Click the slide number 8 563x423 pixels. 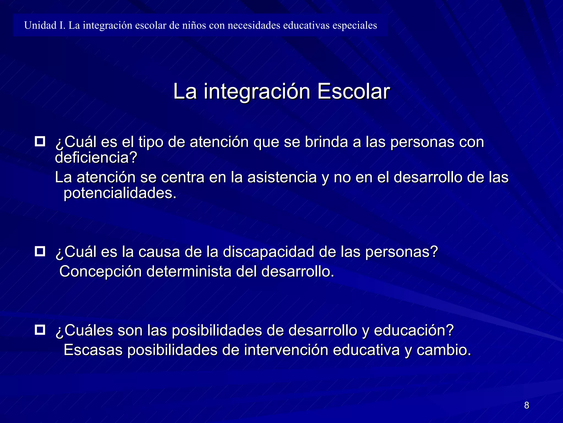click(526, 405)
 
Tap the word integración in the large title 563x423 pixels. click(257, 92)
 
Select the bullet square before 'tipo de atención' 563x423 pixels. click(40, 141)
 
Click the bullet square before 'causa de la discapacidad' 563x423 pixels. click(40, 251)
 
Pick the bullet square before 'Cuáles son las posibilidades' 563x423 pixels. click(40, 330)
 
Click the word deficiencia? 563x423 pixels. click(96, 158)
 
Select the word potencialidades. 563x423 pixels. click(120, 193)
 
